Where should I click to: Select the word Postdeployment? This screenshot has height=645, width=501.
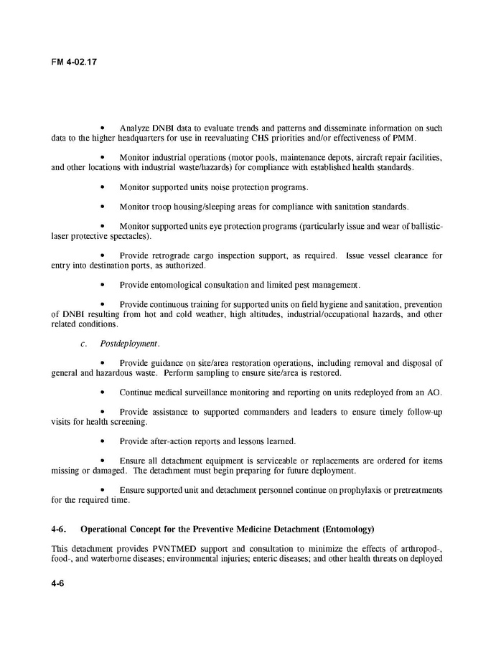pos(130,344)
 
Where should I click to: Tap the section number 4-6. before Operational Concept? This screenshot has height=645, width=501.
pos(60,529)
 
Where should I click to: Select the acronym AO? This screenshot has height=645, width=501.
pos(434,392)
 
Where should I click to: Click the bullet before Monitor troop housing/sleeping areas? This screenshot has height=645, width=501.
pos(105,207)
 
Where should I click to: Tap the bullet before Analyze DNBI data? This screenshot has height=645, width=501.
pos(105,128)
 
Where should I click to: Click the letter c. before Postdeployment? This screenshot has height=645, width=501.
pos(84,344)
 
